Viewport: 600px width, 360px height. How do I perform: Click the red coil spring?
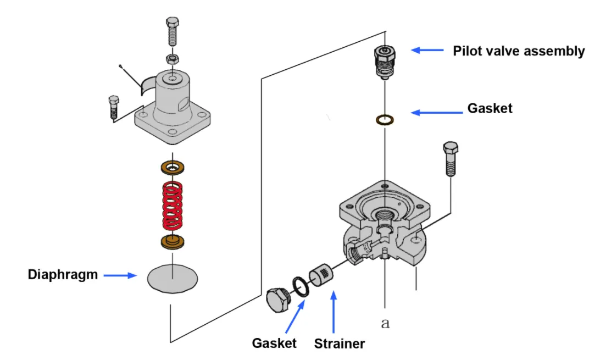pyautogui.click(x=172, y=205)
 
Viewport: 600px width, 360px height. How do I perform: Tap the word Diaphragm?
pyautogui.click(x=63, y=275)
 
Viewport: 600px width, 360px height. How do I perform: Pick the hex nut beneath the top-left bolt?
pyautogui.click(x=172, y=58)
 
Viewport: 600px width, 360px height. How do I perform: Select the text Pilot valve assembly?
pyautogui.click(x=519, y=51)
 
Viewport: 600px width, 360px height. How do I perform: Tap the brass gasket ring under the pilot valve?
pyautogui.click(x=385, y=119)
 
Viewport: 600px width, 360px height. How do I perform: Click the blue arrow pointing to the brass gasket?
pyautogui.click(x=437, y=113)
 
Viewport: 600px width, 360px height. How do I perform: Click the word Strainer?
pyautogui.click(x=339, y=344)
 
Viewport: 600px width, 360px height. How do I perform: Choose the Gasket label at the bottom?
pyautogui.click(x=274, y=344)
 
